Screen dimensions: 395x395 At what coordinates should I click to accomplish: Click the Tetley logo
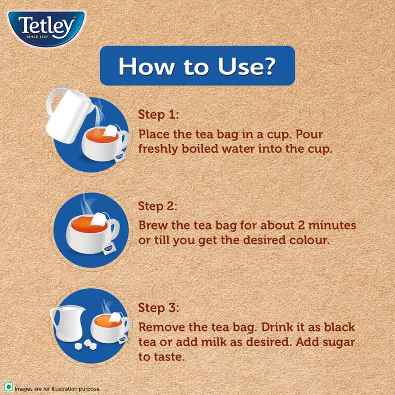coord(47,28)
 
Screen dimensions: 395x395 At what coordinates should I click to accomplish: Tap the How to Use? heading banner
coord(197,66)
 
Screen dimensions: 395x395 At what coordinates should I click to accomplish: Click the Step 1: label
coord(158,115)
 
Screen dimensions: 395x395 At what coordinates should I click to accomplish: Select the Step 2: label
coord(158,206)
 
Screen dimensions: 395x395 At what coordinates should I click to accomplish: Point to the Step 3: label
coord(159,308)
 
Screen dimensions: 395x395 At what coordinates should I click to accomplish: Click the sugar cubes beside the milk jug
coord(86,344)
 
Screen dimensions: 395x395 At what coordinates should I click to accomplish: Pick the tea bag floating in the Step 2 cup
coord(98,219)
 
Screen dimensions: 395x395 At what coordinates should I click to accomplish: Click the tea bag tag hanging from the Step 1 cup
coord(120,156)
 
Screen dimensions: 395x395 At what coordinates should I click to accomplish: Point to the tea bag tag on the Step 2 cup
coord(108,249)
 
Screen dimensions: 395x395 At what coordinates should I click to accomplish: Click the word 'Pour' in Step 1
coord(309,134)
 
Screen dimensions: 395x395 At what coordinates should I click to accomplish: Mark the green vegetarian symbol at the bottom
coord(8,387)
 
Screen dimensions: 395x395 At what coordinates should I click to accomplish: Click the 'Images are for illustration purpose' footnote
coord(58,389)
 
